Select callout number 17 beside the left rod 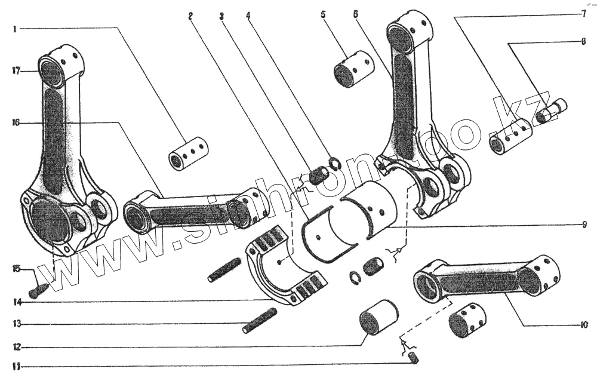point(16,70)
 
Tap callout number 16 point(16,122)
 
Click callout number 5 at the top point(323,14)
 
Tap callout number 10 point(584,325)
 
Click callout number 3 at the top point(221,16)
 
